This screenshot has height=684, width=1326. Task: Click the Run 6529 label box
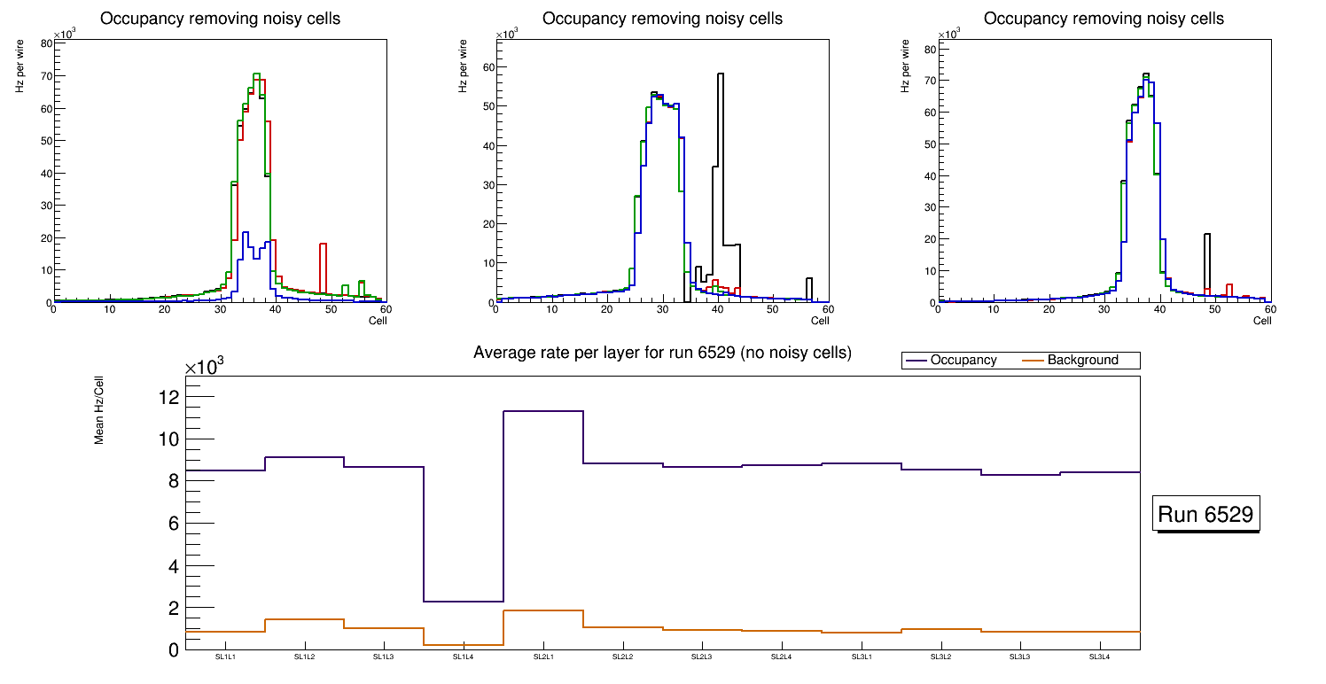(x=1205, y=515)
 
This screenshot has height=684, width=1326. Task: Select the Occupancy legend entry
(x=963, y=361)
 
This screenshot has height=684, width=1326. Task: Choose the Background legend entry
(x=1081, y=361)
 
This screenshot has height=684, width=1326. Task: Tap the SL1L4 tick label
(x=464, y=657)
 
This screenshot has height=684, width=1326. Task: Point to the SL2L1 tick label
(x=543, y=657)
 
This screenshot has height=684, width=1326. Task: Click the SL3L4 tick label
(x=1100, y=657)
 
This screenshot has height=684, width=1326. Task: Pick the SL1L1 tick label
(x=225, y=657)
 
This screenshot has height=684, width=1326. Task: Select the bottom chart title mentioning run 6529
(x=662, y=353)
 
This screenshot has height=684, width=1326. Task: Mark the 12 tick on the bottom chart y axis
(x=168, y=397)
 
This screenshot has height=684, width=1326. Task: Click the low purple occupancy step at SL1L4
(x=464, y=602)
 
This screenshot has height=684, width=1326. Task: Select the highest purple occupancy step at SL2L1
(x=543, y=411)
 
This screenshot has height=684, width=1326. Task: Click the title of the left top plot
(x=219, y=19)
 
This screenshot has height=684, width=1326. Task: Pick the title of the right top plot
(x=1104, y=19)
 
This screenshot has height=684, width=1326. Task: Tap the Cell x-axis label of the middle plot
(x=819, y=321)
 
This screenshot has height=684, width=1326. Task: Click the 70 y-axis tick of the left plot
(x=44, y=76)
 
